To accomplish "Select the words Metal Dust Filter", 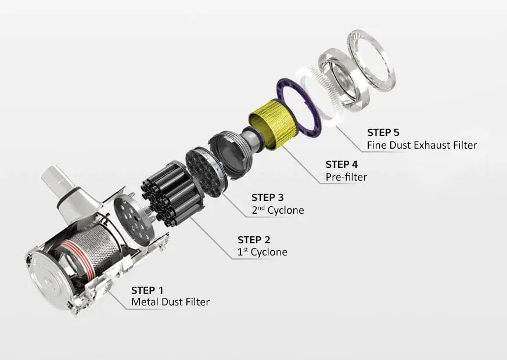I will coord(170,302).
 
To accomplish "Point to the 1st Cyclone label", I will coord(262,252).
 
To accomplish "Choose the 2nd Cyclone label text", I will coord(278,210).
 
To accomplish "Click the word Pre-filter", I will coord(346,177).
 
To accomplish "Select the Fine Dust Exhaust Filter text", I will coord(422,145).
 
